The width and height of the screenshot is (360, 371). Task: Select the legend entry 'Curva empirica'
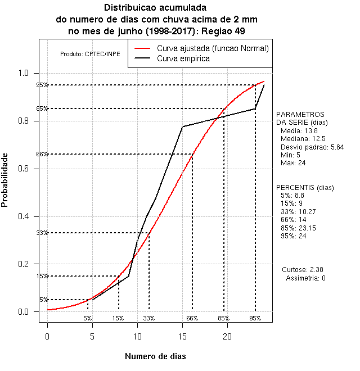[x=183, y=58]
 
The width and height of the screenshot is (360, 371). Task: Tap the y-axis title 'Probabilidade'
[x=5, y=180]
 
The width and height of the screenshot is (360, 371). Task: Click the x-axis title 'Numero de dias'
[x=155, y=356]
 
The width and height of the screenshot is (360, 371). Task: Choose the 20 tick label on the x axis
[x=227, y=336]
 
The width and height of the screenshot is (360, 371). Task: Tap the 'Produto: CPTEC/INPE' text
[x=90, y=54]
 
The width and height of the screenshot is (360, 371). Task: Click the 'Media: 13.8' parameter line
[x=297, y=130]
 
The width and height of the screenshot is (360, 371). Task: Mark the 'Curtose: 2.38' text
[x=305, y=270]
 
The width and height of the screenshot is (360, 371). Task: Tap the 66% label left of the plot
[x=42, y=155]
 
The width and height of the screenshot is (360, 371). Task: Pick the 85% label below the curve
[x=223, y=318]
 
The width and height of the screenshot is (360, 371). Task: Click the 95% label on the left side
[x=42, y=85]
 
